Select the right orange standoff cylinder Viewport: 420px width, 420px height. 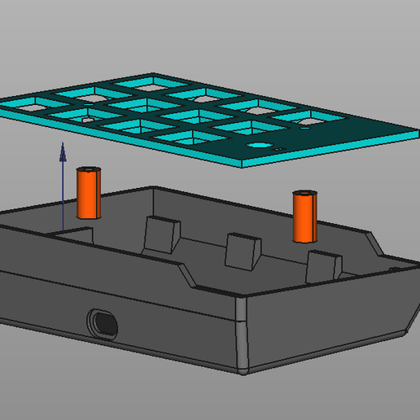305,218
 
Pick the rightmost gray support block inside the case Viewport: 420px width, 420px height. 322,267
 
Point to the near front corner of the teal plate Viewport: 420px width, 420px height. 246,165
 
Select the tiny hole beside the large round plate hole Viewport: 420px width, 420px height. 278,150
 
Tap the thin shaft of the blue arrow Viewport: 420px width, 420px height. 63,195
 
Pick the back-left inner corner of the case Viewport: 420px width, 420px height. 154,190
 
